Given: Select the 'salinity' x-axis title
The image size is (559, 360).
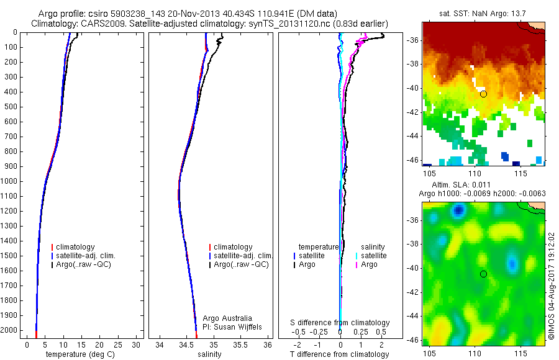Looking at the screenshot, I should point(209,354).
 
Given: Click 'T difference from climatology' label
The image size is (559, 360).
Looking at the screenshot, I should point(339,354).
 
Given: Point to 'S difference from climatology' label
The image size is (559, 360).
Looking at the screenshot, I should point(340,323).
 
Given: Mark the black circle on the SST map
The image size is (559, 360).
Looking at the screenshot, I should point(483,94).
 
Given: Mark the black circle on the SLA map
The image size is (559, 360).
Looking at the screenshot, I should point(483,274).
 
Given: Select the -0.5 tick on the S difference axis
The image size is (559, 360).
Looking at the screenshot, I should point(301,332).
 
